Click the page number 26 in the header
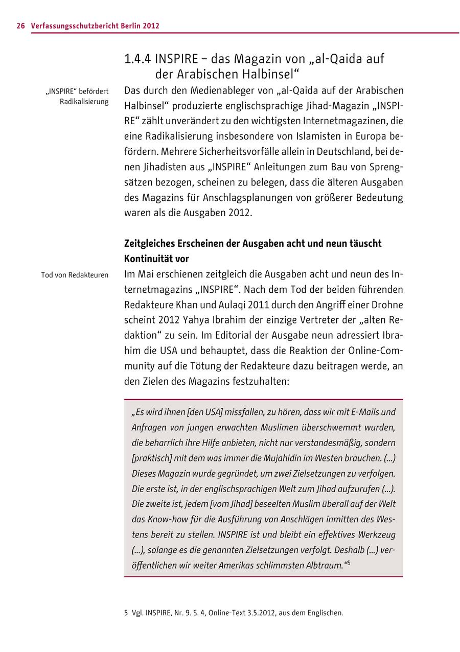click(x=20, y=26)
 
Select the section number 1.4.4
click(x=137, y=59)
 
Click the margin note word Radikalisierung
click(x=84, y=101)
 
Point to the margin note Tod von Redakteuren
click(x=75, y=275)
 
